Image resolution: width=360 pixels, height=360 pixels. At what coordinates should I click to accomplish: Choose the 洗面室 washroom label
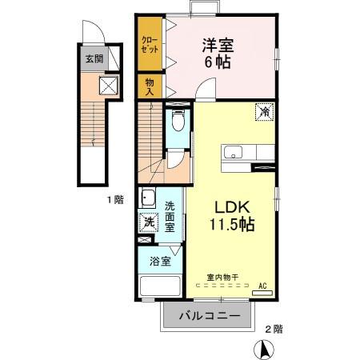tap(170, 216)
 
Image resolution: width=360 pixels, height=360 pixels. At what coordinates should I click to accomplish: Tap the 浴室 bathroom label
tap(159, 261)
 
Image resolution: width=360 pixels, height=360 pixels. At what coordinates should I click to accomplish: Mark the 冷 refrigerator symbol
tap(263, 112)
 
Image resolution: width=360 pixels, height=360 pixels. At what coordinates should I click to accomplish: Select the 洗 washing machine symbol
tap(148, 223)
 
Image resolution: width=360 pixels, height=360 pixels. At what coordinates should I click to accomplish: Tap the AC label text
tap(263, 284)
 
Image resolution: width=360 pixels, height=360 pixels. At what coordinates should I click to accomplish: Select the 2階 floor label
tap(273, 328)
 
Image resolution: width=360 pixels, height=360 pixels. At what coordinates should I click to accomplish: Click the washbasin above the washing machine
tap(148, 199)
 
